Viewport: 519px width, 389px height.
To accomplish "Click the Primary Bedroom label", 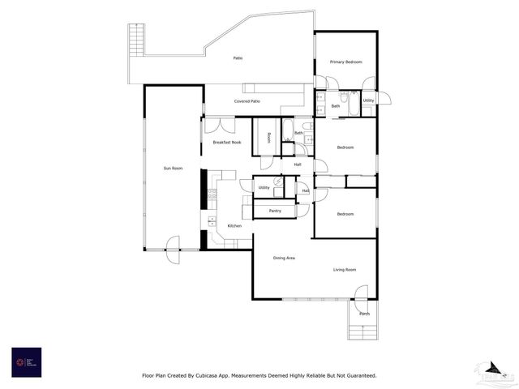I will [345, 62].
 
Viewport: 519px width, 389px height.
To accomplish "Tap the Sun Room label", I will [173, 169].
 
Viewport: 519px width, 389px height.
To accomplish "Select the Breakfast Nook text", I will [227, 143].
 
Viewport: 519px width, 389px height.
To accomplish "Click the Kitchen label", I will [234, 226].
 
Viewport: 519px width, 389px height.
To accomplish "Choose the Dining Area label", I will [284, 258].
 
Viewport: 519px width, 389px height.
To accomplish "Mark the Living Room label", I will [344, 270].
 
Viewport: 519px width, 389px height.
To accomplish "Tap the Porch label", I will [364, 314].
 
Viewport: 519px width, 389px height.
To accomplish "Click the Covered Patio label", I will [247, 101].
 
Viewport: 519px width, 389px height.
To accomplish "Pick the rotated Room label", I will [269, 136].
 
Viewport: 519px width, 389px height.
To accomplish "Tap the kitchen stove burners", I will [212, 194].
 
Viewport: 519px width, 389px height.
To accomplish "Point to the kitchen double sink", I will [212, 220].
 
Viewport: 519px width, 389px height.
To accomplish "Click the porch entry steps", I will [364, 331].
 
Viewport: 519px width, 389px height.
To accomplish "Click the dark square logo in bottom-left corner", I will [26, 361].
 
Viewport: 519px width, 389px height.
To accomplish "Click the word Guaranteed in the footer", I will [356, 376].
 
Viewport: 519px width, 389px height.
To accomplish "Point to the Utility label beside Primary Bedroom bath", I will [369, 100].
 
